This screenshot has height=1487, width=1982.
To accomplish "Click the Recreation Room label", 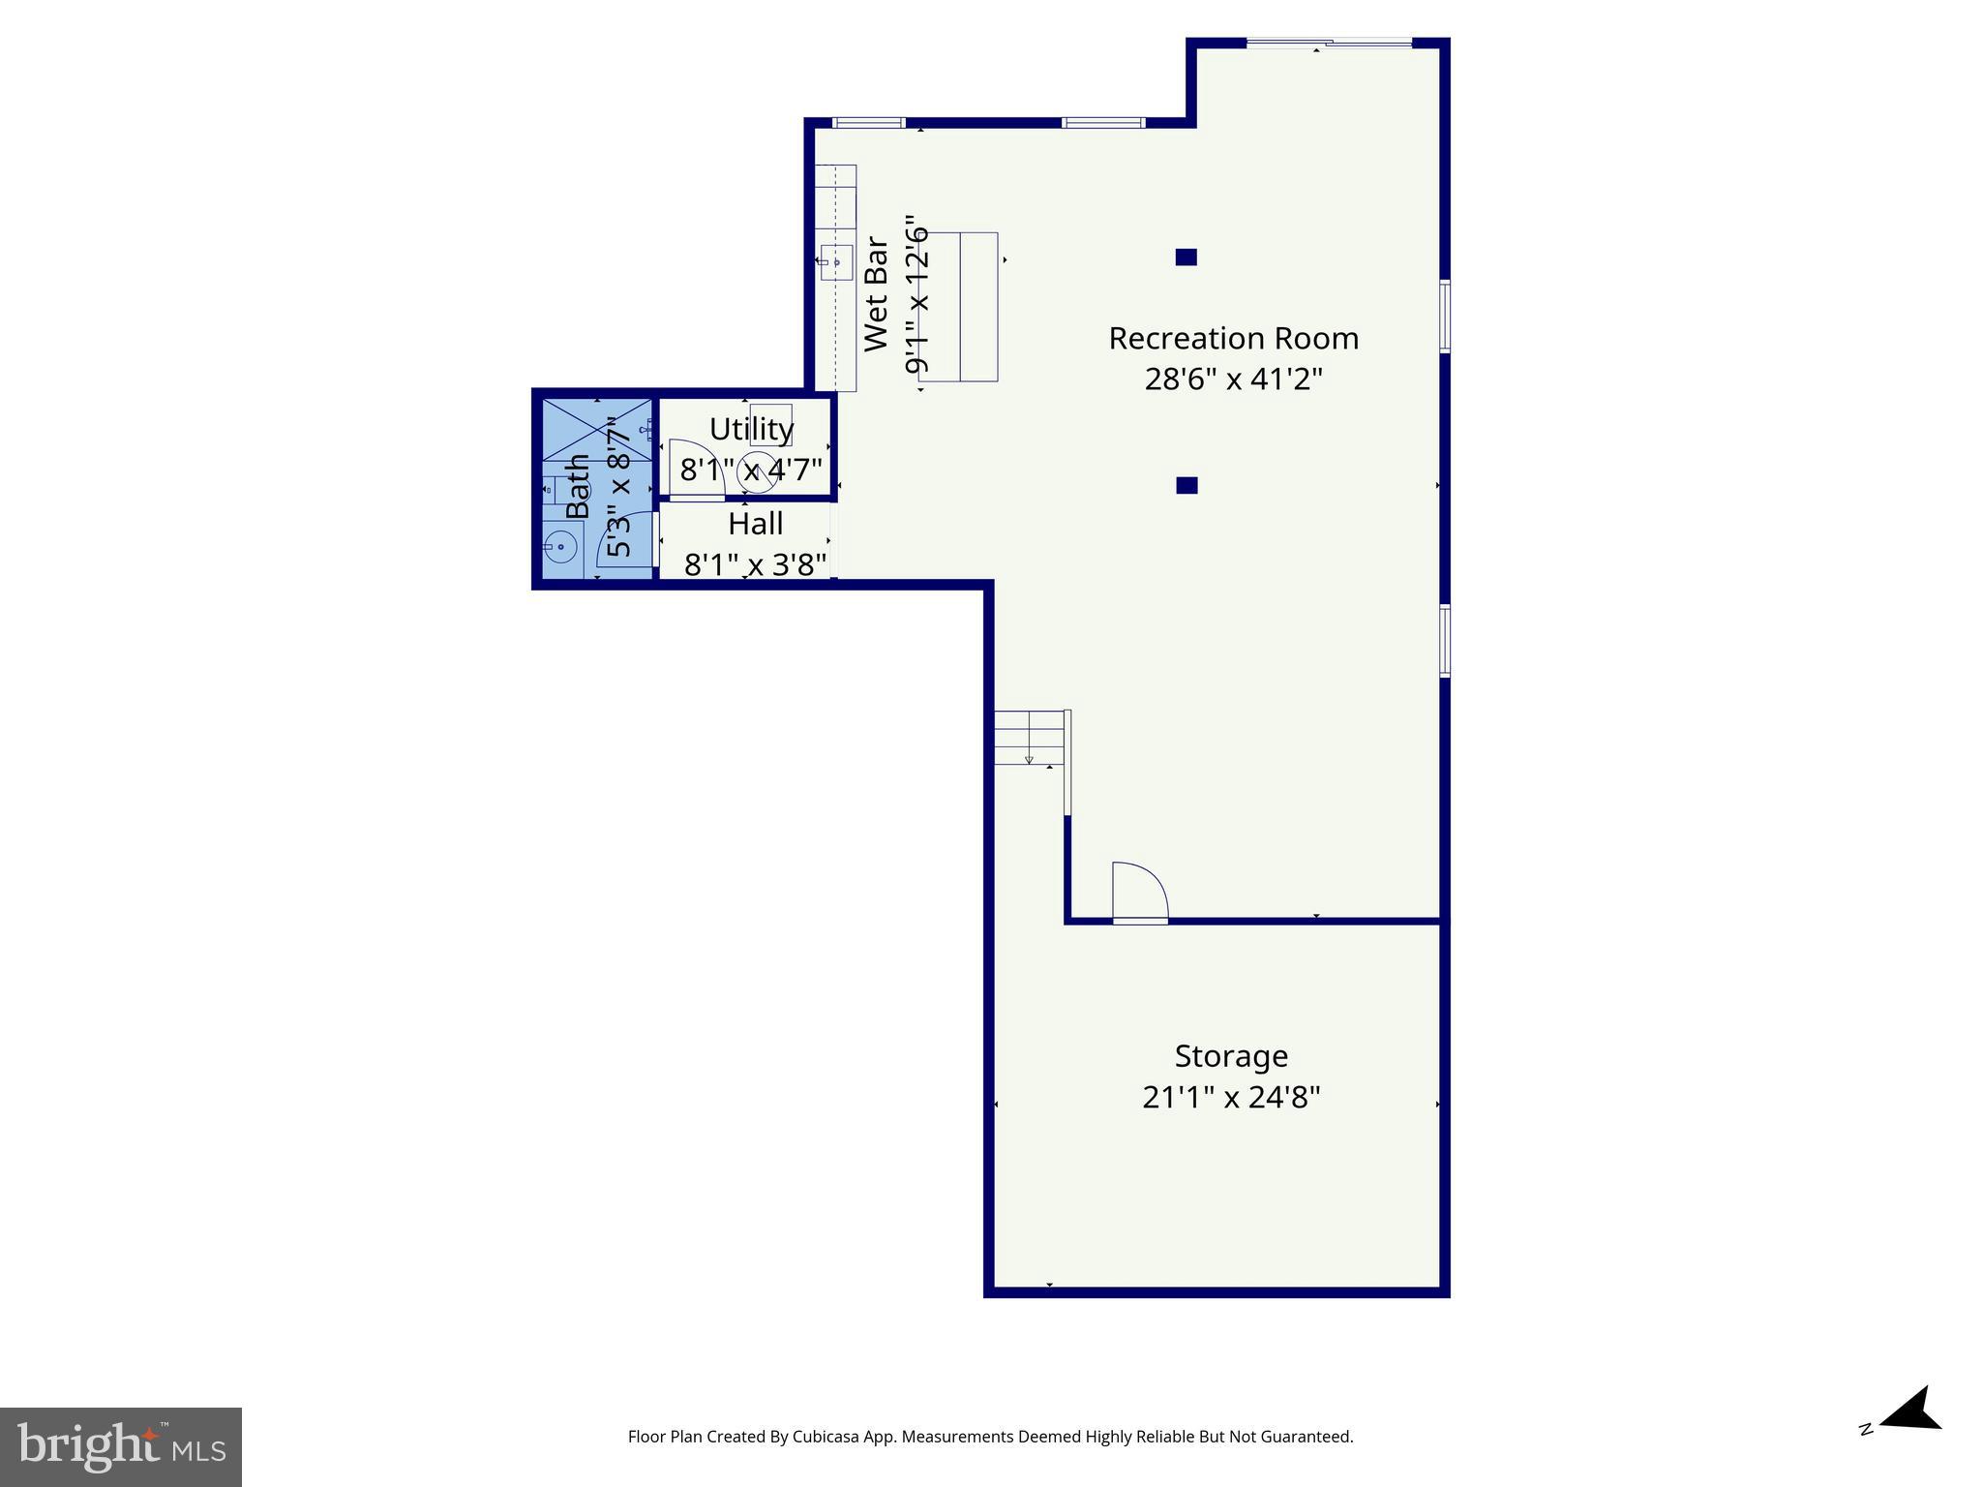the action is click(x=1233, y=339).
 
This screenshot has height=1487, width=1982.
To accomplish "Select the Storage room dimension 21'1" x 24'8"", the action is click(x=1231, y=1098).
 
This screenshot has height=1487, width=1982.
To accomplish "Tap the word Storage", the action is click(x=1231, y=1055).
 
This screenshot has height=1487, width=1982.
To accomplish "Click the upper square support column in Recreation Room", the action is click(x=1186, y=258).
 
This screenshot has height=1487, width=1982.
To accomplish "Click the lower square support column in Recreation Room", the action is click(x=1186, y=486).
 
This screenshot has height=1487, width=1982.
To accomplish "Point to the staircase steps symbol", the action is click(x=1030, y=738).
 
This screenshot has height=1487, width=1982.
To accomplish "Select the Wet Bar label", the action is click(x=876, y=294).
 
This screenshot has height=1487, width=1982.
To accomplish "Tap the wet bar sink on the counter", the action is click(x=836, y=262).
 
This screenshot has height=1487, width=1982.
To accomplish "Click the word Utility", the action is click(x=751, y=429).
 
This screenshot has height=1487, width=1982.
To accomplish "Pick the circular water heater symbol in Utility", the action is click(x=756, y=471).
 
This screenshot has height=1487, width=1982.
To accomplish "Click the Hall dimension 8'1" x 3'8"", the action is click(x=755, y=564).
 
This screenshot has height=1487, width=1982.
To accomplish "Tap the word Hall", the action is click(x=755, y=524).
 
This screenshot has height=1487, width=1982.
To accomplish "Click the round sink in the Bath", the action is click(x=559, y=548).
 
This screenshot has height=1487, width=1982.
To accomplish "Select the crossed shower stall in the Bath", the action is click(x=596, y=430).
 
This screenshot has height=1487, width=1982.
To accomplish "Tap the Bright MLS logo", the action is click(x=121, y=1446).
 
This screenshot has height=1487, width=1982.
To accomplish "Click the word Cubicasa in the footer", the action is click(x=828, y=1437).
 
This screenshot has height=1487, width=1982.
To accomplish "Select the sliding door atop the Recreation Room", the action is click(x=1329, y=43).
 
